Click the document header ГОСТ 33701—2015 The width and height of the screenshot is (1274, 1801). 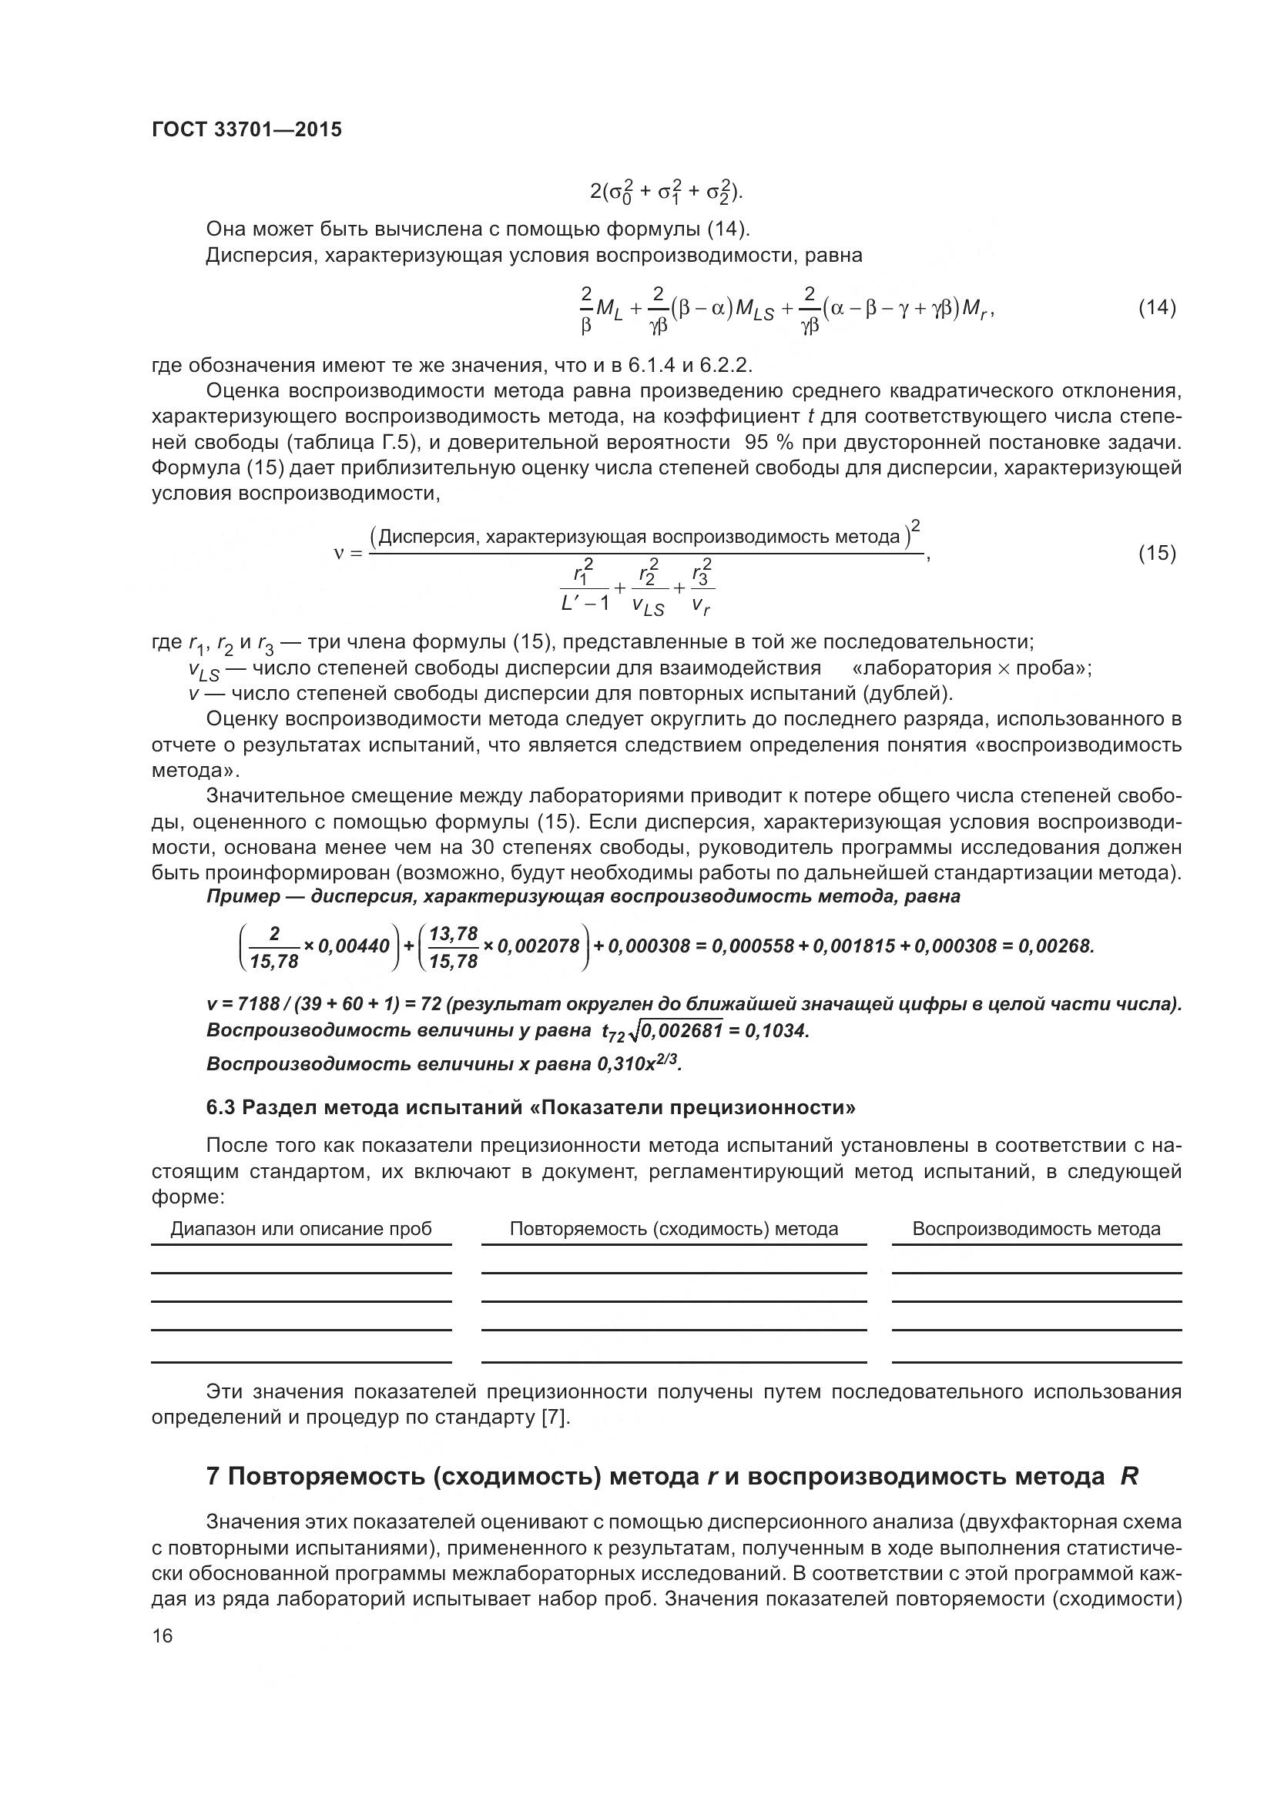tap(246, 130)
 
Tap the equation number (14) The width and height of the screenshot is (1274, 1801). tap(1156, 307)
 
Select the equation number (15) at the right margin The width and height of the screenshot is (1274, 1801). tap(1156, 553)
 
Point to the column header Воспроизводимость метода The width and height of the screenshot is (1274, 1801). tap(1035, 1229)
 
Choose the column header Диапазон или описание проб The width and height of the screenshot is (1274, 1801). tap(301, 1229)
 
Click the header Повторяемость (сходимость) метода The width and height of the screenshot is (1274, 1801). tap(673, 1229)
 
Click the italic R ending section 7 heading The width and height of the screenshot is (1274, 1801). tap(1129, 1477)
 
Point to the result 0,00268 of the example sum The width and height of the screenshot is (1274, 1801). tap(1054, 947)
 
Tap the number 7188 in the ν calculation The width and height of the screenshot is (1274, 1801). tap(258, 1005)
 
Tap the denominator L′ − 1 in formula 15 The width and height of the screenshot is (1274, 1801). tap(585, 603)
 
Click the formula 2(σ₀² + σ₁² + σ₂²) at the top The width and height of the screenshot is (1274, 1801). tap(666, 191)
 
